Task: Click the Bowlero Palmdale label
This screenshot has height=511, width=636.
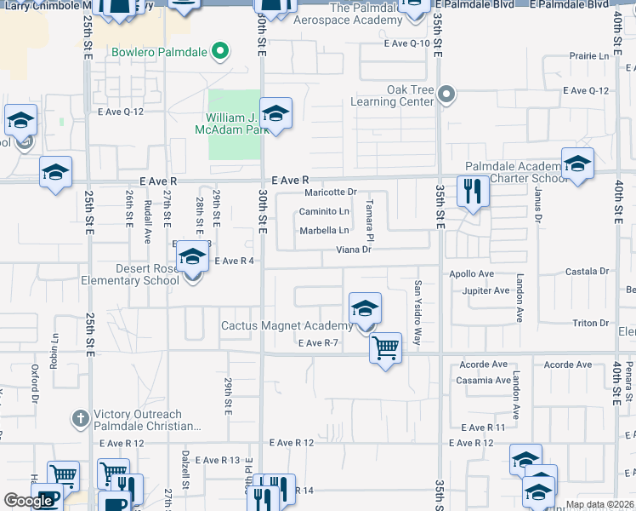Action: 160,51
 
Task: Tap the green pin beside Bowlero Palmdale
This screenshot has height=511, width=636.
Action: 219,51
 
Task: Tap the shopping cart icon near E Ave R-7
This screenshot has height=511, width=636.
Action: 385,347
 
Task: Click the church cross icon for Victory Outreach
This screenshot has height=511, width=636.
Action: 80,417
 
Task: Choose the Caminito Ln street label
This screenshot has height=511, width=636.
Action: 323,211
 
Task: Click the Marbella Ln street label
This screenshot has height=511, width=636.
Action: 323,231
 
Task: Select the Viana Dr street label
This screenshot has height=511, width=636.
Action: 354,250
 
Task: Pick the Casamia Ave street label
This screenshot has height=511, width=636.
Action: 484,380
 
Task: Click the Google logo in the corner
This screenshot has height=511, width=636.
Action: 29,502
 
